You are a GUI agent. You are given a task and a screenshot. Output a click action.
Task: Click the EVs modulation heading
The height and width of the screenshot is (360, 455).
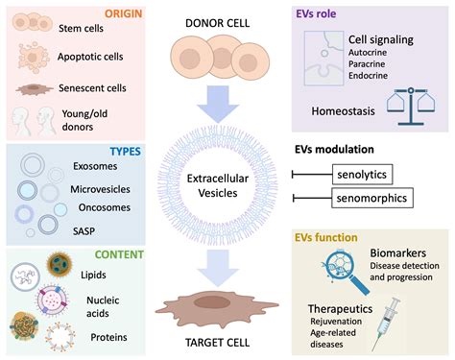point(347,150)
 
